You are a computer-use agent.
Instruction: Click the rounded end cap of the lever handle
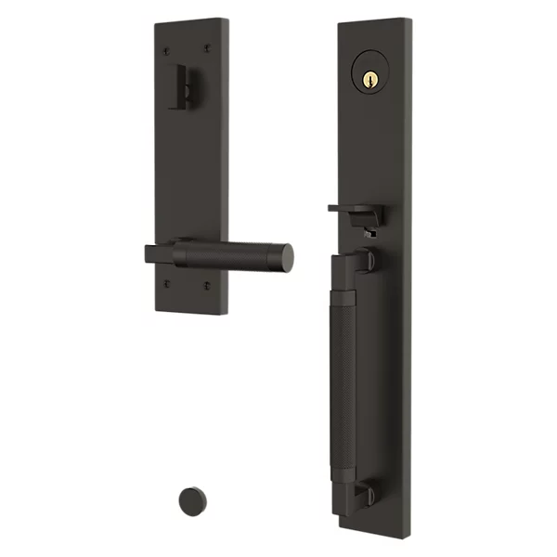288,259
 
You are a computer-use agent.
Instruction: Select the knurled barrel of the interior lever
232,254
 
